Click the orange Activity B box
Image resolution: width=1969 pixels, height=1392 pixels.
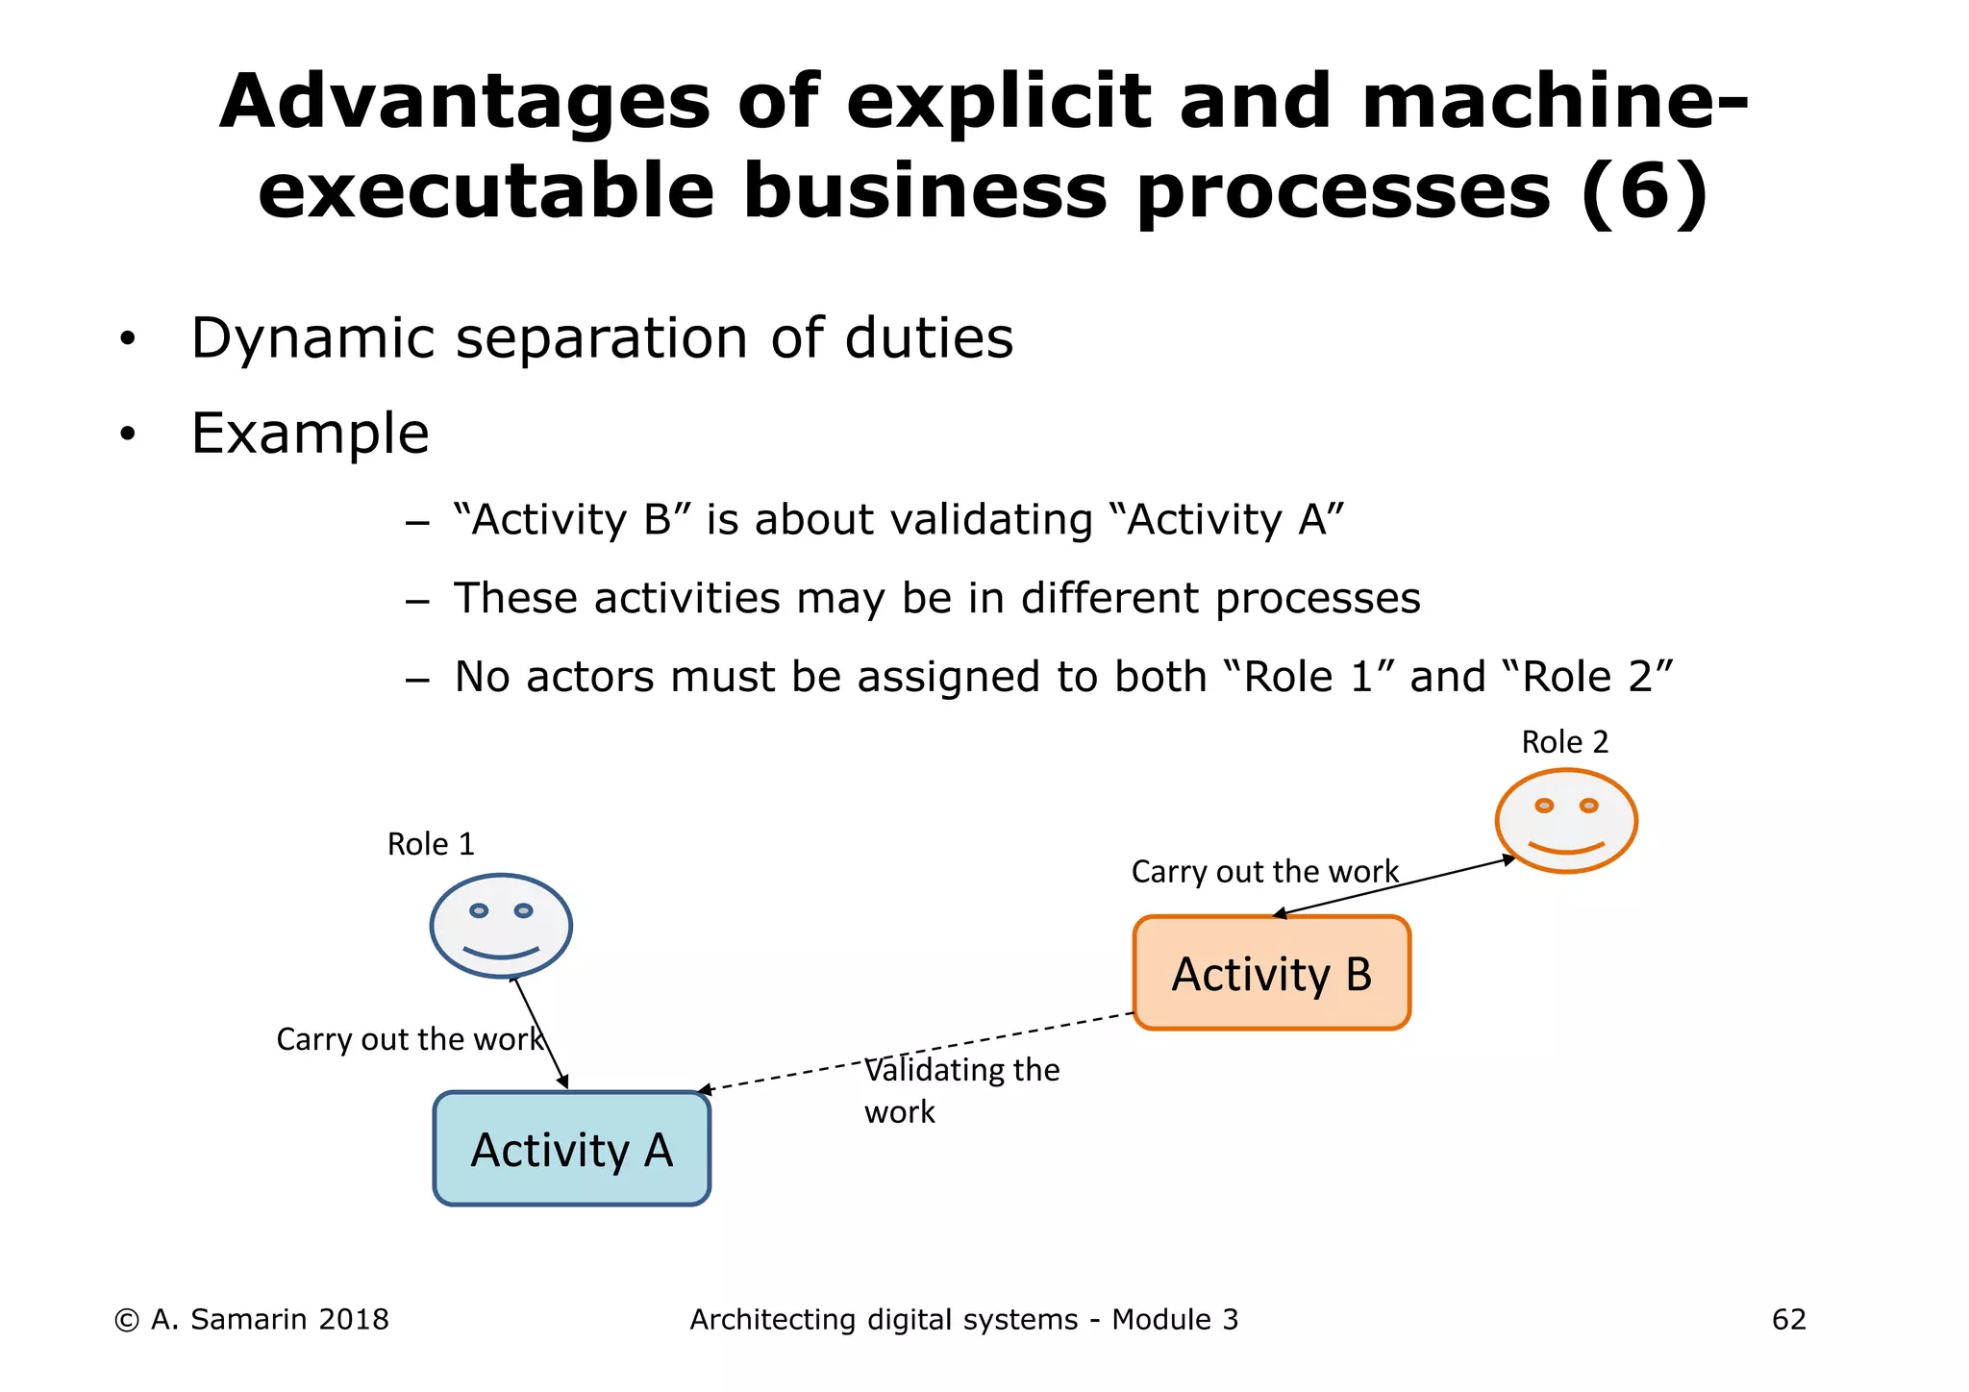coord(1271,973)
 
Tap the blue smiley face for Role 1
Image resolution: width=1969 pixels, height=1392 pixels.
coord(501,925)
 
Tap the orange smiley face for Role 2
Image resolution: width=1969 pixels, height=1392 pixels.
coord(1566,820)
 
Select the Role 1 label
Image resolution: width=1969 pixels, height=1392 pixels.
coord(431,844)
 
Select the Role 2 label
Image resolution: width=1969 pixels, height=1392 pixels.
coord(1564,742)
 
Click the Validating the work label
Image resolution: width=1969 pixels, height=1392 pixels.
coord(960,1090)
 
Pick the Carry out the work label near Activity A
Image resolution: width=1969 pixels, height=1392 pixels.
coord(410,1039)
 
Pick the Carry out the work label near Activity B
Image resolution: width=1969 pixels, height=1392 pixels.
coord(1264,871)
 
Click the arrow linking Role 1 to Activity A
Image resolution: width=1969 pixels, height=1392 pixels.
coord(540,1033)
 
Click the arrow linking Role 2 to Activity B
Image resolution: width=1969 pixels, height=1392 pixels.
coord(1394,885)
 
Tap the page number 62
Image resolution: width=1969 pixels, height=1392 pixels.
coord(1788,1319)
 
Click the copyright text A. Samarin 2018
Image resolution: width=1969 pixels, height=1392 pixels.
coord(252,1319)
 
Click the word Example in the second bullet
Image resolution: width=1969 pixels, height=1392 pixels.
coord(310,433)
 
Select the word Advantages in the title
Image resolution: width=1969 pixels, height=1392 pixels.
coord(464,102)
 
